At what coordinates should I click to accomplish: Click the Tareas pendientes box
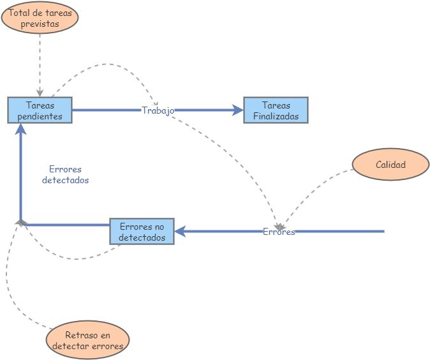40,110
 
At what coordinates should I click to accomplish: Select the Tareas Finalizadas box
276,110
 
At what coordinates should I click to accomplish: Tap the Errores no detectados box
142,231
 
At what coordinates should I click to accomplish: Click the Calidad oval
390,165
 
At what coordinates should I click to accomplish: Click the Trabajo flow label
158,110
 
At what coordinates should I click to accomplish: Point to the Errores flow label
279,232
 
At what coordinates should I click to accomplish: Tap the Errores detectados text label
65,175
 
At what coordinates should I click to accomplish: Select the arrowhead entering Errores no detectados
180,231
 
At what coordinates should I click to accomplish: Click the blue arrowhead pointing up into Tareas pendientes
21,128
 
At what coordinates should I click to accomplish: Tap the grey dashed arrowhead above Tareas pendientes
40,93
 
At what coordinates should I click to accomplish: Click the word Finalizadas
276,116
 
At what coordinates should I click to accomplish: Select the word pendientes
40,116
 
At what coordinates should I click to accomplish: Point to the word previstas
40,24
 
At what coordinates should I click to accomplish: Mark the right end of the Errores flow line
383,231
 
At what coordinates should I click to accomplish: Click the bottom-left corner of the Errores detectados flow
21,224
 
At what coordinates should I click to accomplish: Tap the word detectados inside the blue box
142,237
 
